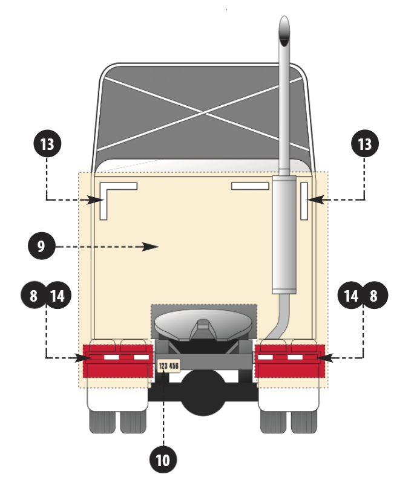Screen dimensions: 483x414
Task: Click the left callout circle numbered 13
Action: coord(47,145)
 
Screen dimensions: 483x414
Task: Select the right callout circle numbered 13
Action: coord(365,145)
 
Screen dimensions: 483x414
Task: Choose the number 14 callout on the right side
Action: coord(352,296)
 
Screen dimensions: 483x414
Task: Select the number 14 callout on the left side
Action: coord(57,296)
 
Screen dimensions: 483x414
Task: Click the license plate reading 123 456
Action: coord(169,366)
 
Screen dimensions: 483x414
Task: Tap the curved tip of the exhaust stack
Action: coord(283,27)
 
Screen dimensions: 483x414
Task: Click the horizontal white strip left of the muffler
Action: coord(249,186)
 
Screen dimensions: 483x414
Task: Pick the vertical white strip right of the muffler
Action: coord(305,199)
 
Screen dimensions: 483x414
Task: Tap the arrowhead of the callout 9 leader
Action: coord(154,246)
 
